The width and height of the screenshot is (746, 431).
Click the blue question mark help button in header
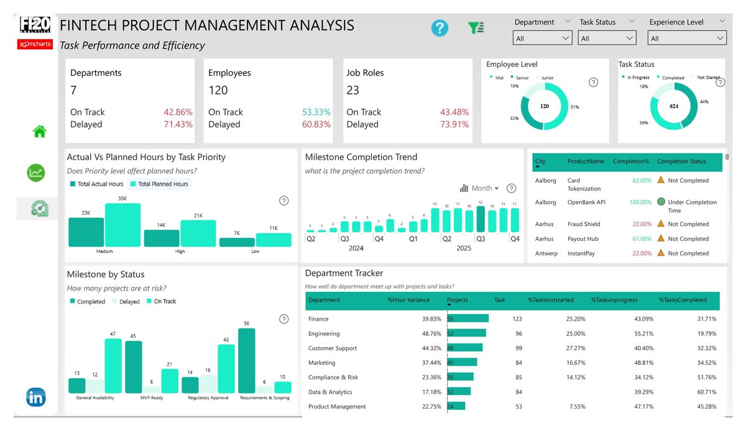440,28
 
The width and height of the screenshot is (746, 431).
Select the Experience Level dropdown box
686,39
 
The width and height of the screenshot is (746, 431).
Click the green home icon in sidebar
40,132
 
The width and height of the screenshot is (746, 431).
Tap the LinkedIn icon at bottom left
35,397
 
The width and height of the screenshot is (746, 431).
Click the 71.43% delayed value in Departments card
178,125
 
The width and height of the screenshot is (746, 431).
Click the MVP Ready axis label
151,398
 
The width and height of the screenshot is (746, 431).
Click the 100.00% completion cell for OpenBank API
638,202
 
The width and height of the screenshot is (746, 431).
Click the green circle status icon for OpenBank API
661,202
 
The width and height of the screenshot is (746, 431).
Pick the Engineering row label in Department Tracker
324,333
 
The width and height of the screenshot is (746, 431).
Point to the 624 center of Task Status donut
673,106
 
